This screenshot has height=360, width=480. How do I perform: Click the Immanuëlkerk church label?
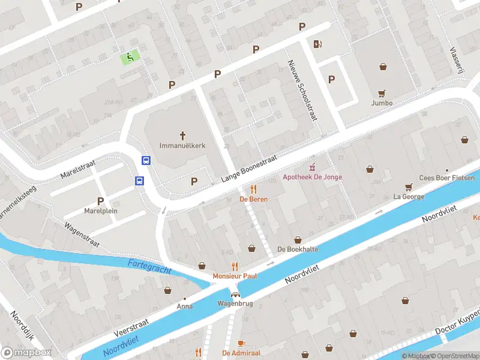tap(183, 145)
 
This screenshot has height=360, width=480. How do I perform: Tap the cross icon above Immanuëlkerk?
tap(183, 135)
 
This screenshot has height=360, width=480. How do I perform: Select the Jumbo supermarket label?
tap(382, 103)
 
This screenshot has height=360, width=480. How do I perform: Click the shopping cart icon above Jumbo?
tap(382, 93)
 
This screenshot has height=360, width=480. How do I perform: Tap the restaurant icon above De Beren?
tap(254, 189)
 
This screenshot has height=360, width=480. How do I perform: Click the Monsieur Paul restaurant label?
tap(235, 276)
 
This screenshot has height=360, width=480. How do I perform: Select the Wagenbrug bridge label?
tap(235, 304)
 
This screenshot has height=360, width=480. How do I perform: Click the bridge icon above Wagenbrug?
tap(235, 294)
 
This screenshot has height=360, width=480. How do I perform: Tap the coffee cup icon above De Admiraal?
tap(241, 343)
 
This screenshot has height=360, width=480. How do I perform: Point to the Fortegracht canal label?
tap(149, 267)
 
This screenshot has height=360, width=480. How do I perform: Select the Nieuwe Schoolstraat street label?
tap(302, 90)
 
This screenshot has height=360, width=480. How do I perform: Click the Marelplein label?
tap(101, 211)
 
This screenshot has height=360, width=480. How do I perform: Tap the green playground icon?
tap(130, 57)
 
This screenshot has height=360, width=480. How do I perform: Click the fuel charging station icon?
tap(317, 43)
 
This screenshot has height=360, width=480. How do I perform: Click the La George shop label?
tap(409, 196)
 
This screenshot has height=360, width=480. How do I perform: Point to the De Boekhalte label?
tap(298, 249)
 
